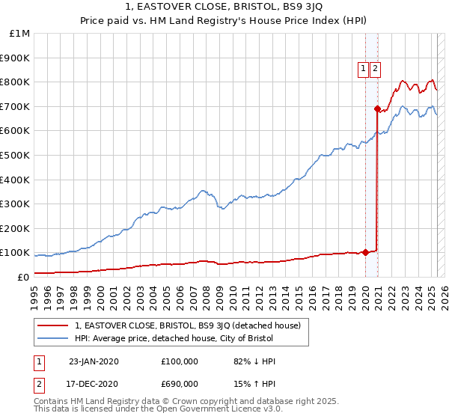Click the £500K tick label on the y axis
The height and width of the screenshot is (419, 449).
14,155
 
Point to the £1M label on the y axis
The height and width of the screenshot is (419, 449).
20,33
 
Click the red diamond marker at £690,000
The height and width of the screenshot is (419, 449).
376,108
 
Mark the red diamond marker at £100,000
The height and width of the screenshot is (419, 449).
365,252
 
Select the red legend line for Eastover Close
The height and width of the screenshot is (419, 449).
53,325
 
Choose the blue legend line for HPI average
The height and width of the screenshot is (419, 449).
53,339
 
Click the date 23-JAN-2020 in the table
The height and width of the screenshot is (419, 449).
93,361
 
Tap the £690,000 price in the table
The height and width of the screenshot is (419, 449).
180,384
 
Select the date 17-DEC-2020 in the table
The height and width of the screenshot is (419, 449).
93,384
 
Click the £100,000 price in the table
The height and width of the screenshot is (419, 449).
180,361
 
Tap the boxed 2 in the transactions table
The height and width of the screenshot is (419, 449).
38,384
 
